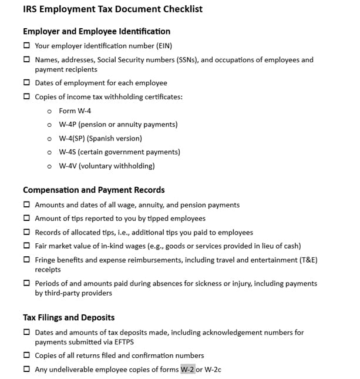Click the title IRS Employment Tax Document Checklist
tap(113, 9)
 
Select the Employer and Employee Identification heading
tap(96, 31)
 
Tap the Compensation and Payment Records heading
tap(93, 190)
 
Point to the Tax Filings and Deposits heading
tap(69, 317)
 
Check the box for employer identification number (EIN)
tap(26, 45)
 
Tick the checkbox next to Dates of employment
tap(26, 83)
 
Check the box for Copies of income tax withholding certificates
tap(26, 97)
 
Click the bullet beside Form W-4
tap(49, 111)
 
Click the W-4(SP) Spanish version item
tap(100, 139)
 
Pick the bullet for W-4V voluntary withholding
tap(49, 166)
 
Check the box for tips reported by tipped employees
tap(26, 219)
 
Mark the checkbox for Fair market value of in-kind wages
tap(26, 246)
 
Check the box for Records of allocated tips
tap(26, 232)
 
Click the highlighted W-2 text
tap(187, 370)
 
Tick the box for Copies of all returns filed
tap(26, 355)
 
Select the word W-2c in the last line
tap(212, 370)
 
